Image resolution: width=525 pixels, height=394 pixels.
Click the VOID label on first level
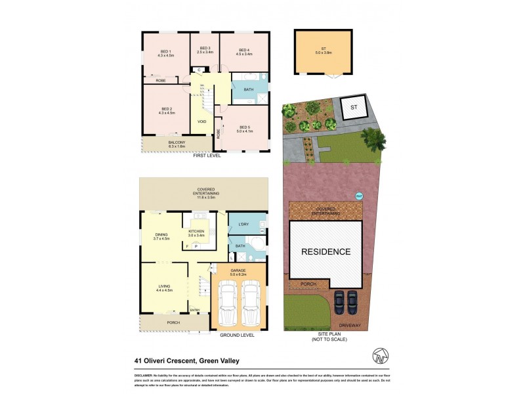[x=201, y=121]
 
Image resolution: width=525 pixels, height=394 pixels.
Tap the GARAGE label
[x=238, y=271]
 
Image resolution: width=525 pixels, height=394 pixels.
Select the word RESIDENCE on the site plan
[x=326, y=252]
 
